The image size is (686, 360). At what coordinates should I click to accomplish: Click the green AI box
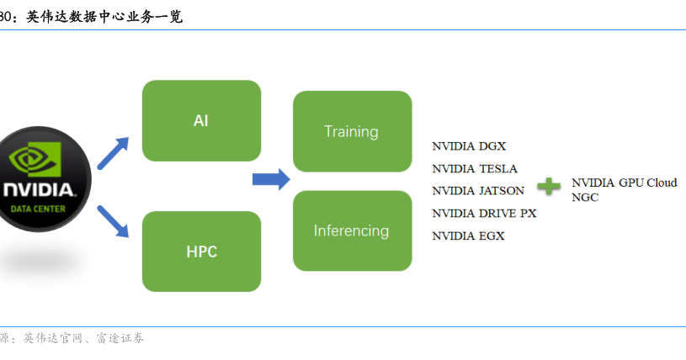click(x=202, y=121)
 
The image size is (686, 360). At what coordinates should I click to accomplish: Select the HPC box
click(x=202, y=251)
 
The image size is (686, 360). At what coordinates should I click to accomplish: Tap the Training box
click(x=353, y=131)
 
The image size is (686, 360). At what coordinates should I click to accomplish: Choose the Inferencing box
click(x=353, y=230)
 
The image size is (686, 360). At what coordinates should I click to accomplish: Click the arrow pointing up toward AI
click(x=113, y=153)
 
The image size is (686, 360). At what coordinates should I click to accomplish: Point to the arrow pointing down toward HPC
click(x=113, y=221)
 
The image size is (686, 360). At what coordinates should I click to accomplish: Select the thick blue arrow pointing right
click(x=271, y=179)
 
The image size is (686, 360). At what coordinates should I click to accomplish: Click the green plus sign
click(x=549, y=187)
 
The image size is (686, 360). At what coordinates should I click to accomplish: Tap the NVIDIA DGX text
click(x=469, y=146)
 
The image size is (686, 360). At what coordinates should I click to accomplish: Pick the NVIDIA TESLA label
click(x=475, y=169)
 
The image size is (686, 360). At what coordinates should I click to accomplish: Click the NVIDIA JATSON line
click(x=478, y=191)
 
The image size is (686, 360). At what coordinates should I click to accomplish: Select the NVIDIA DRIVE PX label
click(x=484, y=214)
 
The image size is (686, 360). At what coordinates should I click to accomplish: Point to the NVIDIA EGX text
click(x=468, y=236)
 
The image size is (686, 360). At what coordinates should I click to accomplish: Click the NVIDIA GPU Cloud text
click(x=625, y=183)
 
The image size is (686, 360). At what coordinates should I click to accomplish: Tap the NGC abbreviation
click(x=585, y=198)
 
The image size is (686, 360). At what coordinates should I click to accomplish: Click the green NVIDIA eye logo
click(x=35, y=160)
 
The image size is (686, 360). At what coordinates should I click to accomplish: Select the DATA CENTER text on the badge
click(x=38, y=209)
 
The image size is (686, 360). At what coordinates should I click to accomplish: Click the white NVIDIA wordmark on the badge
click(x=39, y=190)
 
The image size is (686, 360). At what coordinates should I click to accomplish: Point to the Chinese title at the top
click(x=91, y=17)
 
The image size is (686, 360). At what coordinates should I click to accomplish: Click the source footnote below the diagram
click(x=72, y=338)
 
